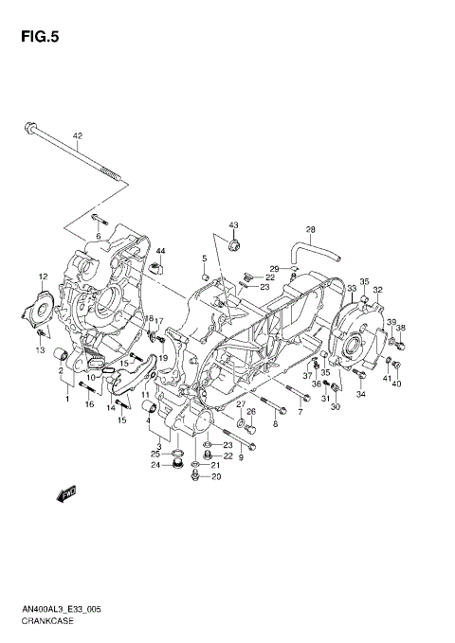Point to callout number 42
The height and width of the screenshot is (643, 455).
(79, 135)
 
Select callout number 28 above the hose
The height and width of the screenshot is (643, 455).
(310, 230)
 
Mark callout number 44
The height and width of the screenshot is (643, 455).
(161, 250)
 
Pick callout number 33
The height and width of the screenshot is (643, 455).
(352, 288)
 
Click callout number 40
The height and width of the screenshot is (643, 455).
(397, 384)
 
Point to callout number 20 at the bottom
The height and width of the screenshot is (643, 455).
(215, 476)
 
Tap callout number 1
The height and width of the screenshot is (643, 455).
(67, 399)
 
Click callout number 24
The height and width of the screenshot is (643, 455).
(155, 465)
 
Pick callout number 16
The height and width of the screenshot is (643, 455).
(89, 405)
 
